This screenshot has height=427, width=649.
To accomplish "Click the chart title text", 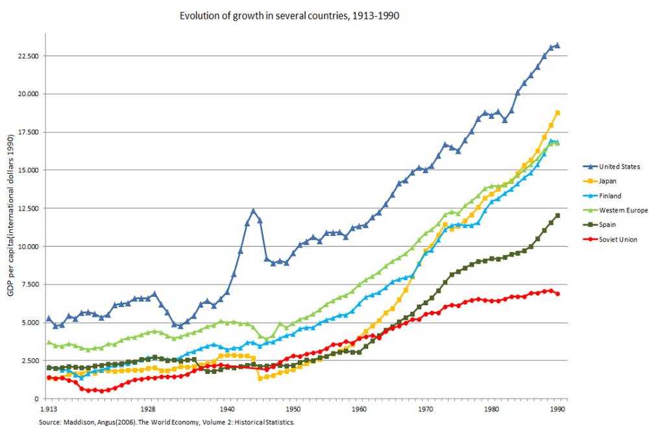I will tap(289, 15).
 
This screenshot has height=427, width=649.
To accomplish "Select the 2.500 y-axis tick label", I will tap(29, 360).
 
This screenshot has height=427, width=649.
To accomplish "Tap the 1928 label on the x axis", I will tap(147, 410).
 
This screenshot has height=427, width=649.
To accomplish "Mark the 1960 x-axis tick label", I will tap(359, 410).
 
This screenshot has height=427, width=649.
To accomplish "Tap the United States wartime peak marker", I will tap(253, 210).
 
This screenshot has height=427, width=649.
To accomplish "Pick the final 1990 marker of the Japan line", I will tap(557, 113).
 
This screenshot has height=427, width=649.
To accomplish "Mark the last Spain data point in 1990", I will tap(557, 216).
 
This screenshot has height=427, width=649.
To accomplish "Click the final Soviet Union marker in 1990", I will tap(557, 294).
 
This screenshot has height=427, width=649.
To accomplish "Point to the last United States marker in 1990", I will tap(557, 45).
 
